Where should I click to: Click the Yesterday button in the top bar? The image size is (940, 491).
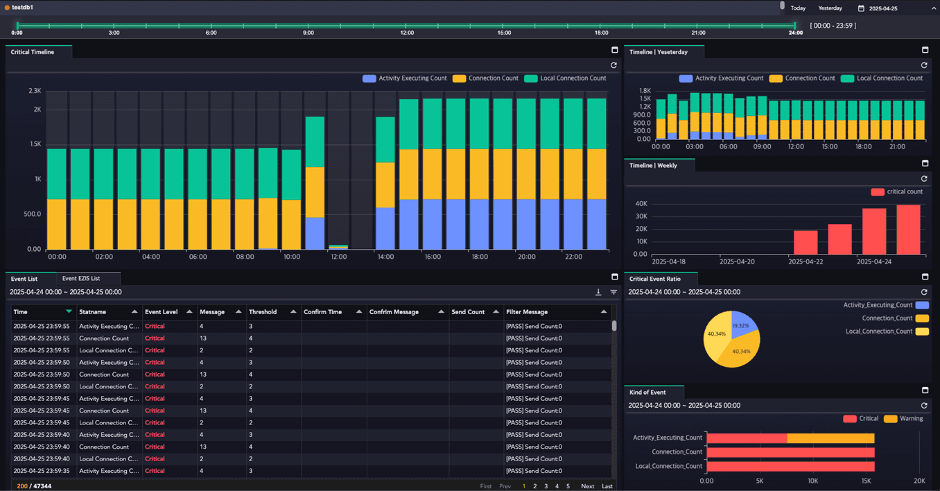[830, 8]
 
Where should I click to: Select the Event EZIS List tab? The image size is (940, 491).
[81, 278]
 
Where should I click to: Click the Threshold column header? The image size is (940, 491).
[263, 312]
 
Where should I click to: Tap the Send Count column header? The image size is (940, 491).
[468, 312]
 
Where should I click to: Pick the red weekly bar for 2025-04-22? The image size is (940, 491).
[806, 242]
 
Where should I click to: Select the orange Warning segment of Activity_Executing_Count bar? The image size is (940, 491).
[830, 438]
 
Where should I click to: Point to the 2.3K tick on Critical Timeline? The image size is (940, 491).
[35, 91]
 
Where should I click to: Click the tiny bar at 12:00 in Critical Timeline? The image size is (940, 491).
[338, 247]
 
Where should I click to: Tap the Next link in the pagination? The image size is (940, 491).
[588, 486]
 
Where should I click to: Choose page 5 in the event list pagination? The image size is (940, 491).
[568, 486]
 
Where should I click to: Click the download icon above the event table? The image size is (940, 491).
[598, 292]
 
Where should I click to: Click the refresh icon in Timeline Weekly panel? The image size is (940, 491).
[924, 179]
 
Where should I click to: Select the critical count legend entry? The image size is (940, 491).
[897, 192]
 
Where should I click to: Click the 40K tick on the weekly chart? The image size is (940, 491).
[641, 203]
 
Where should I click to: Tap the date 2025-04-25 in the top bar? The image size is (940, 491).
[883, 8]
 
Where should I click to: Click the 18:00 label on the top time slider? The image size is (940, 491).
[601, 33]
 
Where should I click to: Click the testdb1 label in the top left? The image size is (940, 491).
[23, 7]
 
